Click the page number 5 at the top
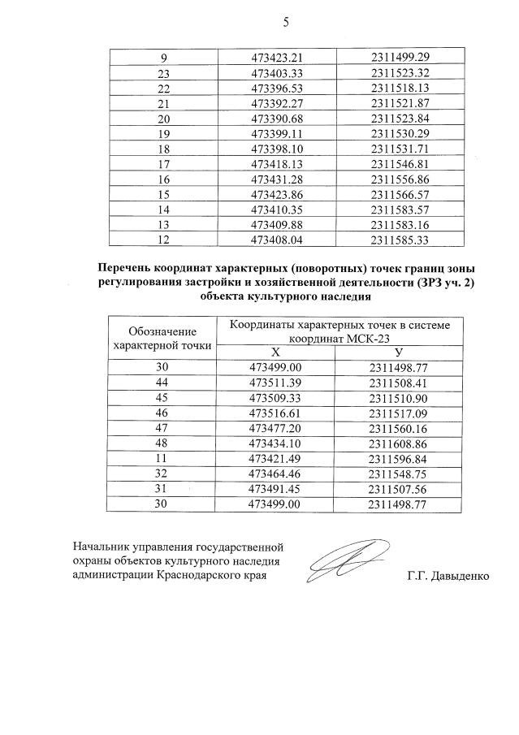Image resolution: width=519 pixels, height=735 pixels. pyautogui.click(x=285, y=22)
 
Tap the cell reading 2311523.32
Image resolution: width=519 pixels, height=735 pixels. pyautogui.click(x=400, y=73)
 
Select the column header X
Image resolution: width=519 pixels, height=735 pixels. pyautogui.click(x=276, y=352)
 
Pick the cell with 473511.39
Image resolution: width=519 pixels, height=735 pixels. pyautogui.click(x=276, y=383)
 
